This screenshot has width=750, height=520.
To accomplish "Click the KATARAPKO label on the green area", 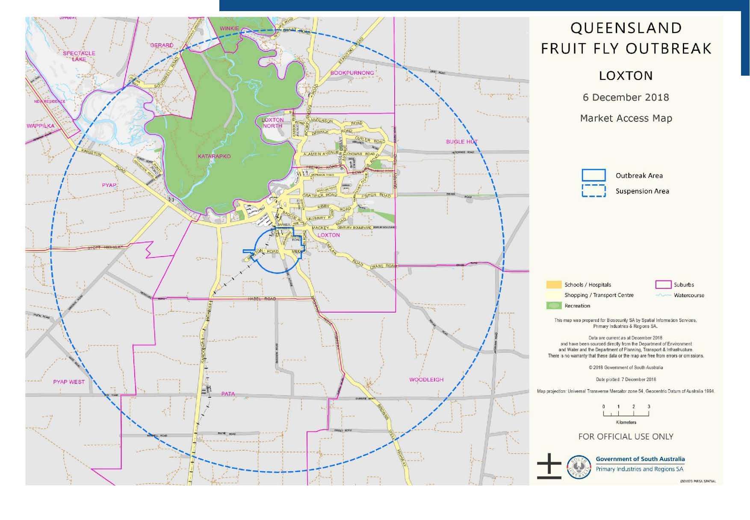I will [214, 157].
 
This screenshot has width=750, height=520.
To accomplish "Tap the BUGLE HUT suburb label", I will [462, 142].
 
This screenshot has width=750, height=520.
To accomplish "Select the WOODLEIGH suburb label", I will [426, 380].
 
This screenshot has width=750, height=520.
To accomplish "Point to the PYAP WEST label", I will [69, 382].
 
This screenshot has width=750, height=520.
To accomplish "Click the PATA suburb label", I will [228, 394].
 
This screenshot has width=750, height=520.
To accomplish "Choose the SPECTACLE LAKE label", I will [79, 56].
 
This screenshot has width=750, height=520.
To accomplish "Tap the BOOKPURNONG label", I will [352, 73].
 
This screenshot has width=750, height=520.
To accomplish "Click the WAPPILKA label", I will [41, 126].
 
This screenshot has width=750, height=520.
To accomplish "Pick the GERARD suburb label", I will [162, 45].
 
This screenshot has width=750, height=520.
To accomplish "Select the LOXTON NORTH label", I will [273, 123].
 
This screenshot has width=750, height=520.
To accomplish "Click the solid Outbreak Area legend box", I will [594, 175].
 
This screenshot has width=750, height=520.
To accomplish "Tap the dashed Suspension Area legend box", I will [594, 191].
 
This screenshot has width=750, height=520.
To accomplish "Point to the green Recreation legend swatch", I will [554, 306].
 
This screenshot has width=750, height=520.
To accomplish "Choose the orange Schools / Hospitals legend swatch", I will [554, 285].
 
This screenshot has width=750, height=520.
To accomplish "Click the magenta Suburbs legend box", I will [663, 285].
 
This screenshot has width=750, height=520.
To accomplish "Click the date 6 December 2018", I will [626, 97].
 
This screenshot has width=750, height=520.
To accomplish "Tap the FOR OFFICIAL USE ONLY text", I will [626, 437].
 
